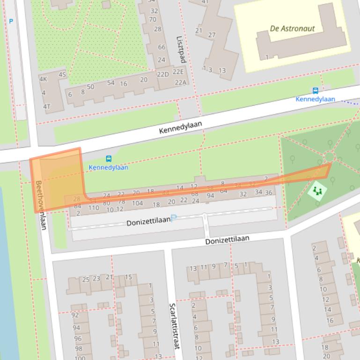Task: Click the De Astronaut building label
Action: pyautogui.click(x=292, y=29)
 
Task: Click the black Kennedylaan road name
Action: pyautogui.click(x=180, y=127)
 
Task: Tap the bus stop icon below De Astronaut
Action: pyautogui.click(x=316, y=91)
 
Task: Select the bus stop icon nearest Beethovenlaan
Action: pyautogui.click(x=109, y=159)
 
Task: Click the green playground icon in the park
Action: pyautogui.click(x=318, y=190)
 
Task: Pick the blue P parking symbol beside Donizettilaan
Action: pyautogui.click(x=174, y=218)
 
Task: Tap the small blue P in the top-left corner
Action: pyautogui.click(x=11, y=21)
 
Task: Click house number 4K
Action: pyautogui.click(x=43, y=79)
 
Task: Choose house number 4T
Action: pyautogui.click(x=46, y=106)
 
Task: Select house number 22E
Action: pyautogui.click(x=178, y=72)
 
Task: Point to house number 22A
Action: pyautogui.click(x=180, y=82)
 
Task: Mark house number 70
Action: pyautogui.click(x=153, y=20)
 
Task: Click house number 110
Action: pyautogui.click(x=94, y=208)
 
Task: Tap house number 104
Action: pyautogui.click(x=137, y=203)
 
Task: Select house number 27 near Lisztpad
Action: pyautogui.click(x=212, y=35)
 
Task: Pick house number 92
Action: pyautogui.click(x=75, y=315)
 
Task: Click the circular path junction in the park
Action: pyautogui.click(x=329, y=157)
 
